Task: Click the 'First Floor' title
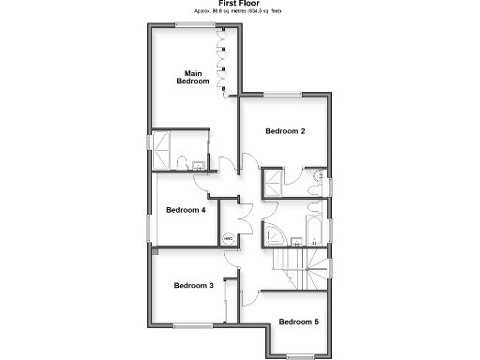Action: [x=239, y=4]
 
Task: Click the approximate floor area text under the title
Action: [x=239, y=12]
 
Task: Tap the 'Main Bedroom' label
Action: [x=193, y=78]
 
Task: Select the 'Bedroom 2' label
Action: [x=285, y=131]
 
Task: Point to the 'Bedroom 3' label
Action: [x=193, y=285]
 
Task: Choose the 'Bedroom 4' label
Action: [x=186, y=210]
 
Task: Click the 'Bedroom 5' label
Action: [x=298, y=322]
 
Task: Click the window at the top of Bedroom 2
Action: [x=282, y=93]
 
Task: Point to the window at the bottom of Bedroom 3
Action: [x=191, y=325]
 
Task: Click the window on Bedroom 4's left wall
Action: [x=148, y=228]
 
